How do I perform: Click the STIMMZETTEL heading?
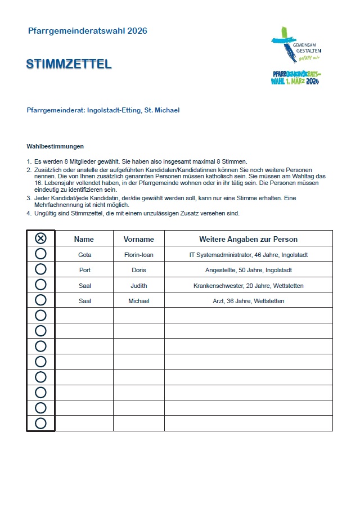[x=69, y=64]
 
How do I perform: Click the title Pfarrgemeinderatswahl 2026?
[x=87, y=31]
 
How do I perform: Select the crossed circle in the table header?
[x=40, y=238]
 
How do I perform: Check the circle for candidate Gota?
[x=40, y=254]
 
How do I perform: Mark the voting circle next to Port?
[x=40, y=269]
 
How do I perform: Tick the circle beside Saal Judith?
[x=40, y=285]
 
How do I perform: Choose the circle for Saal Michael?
[x=40, y=300]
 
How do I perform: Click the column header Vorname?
[x=138, y=239]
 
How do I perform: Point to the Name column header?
[x=84, y=239]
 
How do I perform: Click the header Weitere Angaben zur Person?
[x=248, y=239]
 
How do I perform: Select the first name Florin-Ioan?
[x=138, y=255]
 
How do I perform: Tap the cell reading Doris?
[x=138, y=270]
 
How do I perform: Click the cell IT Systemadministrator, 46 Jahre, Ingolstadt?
[x=248, y=255]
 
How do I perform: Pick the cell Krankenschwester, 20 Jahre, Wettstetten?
[x=248, y=286]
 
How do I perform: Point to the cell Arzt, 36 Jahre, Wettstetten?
[x=248, y=301]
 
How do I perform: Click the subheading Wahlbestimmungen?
[x=55, y=146]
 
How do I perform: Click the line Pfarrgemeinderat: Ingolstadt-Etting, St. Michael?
[x=103, y=110]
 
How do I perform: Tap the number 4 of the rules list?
[x=29, y=213]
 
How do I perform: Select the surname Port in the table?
[x=84, y=270]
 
